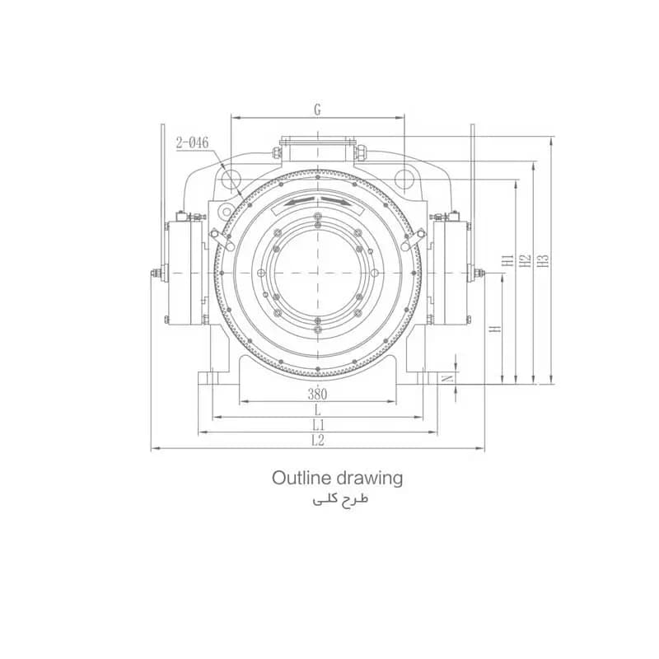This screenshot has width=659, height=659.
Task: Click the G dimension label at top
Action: click(317, 110)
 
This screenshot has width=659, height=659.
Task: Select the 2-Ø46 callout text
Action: click(192, 143)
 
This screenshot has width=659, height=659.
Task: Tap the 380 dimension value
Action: click(317, 395)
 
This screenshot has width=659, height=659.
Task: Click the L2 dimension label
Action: click(318, 441)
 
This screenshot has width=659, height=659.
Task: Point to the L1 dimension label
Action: click(318, 424)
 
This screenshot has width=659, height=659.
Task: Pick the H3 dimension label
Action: click(544, 260)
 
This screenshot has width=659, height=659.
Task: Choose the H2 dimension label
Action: click(526, 260)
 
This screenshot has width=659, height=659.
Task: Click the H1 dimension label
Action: click(508, 260)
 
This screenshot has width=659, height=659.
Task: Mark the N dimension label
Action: click(449, 378)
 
